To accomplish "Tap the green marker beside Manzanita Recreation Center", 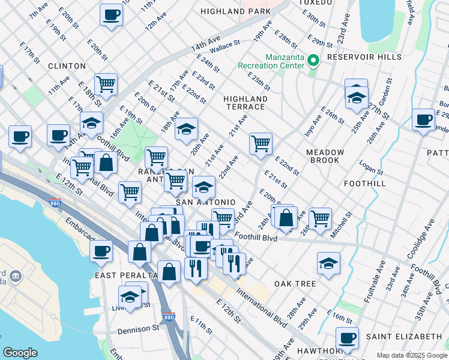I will tap(313, 60).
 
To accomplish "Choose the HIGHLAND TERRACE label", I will tap(244, 103).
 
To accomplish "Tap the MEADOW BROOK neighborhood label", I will tap(325, 156).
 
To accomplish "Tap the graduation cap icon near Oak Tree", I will tap(328, 263).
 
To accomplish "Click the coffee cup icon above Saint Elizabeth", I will tap(347, 337).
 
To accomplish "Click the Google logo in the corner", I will tap(20, 353).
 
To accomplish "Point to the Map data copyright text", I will tap(411, 355).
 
